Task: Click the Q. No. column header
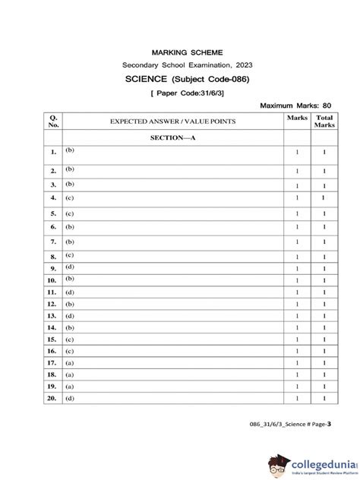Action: tap(53, 121)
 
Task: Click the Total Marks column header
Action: tap(324, 122)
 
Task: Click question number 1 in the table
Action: tap(53, 153)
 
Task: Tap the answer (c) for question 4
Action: tap(69, 197)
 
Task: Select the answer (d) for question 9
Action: tap(69, 267)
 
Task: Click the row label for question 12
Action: tap(52, 304)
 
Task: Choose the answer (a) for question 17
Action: tap(69, 363)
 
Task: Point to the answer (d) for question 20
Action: tap(69, 398)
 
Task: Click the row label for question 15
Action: tap(52, 339)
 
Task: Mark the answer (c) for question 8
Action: tap(69, 255)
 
